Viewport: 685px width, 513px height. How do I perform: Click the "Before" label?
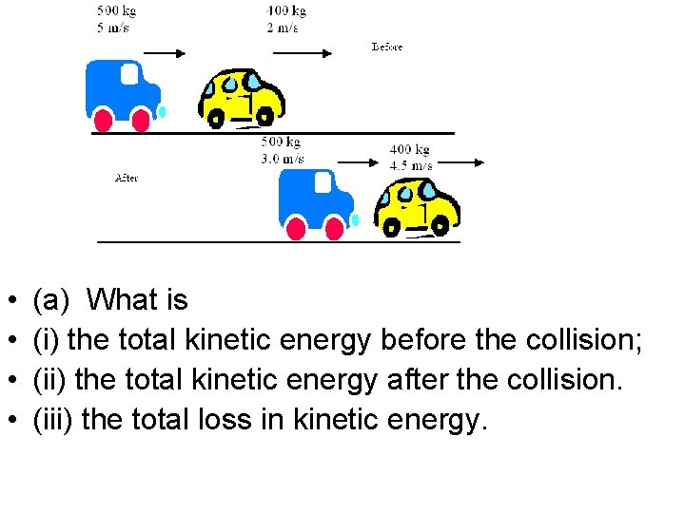387,47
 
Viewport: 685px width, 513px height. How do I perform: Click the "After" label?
126,178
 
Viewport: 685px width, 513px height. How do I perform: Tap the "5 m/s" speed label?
113,28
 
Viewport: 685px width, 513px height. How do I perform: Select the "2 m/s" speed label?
283,28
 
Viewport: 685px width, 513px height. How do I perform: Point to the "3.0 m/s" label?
283,159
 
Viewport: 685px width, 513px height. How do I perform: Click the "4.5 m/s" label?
411,165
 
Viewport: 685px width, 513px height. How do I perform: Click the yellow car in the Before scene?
242,97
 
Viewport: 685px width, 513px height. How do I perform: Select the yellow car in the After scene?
416,207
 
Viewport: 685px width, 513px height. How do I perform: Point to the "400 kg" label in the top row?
286,11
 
